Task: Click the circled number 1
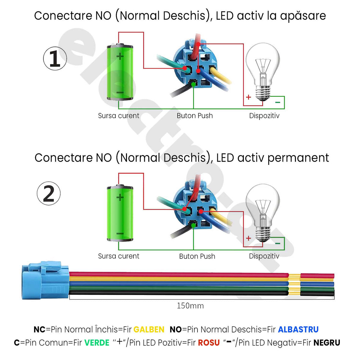tap(55, 58)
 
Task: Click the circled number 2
tap(49, 193)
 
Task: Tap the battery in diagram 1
tap(120, 72)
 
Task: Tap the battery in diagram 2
tap(120, 214)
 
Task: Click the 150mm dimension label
tap(190, 306)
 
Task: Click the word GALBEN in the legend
tap(149, 329)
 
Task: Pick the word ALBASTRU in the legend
tap(298, 329)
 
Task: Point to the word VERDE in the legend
tap(97, 343)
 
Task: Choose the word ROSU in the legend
tap(209, 343)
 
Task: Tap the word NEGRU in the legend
tap(326, 343)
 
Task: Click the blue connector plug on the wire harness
tap(44, 281)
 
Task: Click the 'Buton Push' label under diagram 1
tap(195, 116)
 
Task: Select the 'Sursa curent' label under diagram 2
tap(119, 256)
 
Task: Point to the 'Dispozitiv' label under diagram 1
tap(264, 116)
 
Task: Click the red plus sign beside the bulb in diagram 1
tap(249, 97)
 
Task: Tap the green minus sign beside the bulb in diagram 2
tap(278, 243)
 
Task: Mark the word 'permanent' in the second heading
tap(298, 158)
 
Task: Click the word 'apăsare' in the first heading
tap(303, 16)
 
